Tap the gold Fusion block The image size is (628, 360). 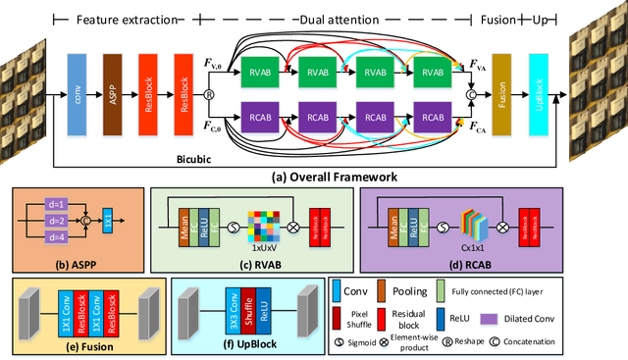[501, 94]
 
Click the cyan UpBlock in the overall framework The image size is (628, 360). [537, 94]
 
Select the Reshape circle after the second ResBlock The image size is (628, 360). [209, 95]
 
